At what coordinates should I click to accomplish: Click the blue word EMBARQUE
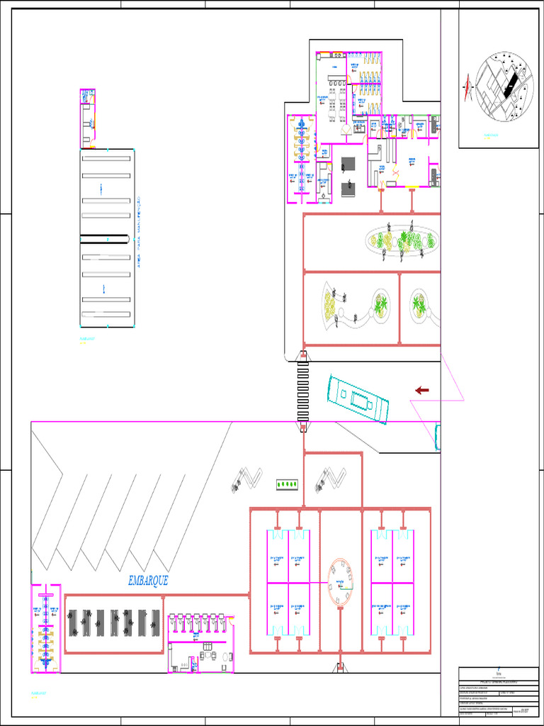[148, 581]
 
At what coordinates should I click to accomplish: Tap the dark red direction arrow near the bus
[422, 390]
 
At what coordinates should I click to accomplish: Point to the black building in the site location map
[509, 86]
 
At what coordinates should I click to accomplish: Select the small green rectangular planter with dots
[287, 484]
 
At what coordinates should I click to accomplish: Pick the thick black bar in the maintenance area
[106, 239]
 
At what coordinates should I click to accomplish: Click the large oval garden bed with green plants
[402, 241]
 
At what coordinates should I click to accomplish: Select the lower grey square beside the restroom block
[348, 189]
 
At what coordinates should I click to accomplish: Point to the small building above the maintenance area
[87, 118]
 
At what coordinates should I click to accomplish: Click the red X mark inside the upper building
[396, 172]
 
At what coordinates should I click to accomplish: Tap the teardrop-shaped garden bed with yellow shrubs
[330, 306]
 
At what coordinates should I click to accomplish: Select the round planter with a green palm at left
[381, 305]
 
